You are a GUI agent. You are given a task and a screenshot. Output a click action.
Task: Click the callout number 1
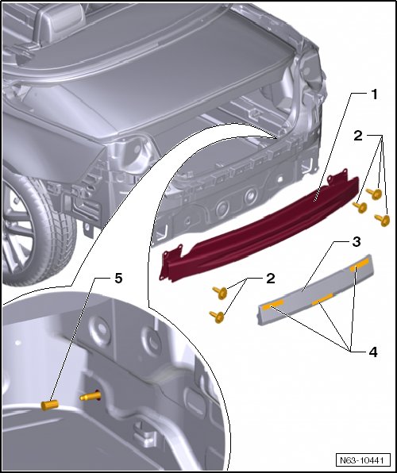pyautogui.click(x=374, y=94)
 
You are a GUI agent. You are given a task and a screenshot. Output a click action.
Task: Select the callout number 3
pyautogui.click(x=357, y=241)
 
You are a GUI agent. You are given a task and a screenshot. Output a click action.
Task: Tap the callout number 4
pyautogui.click(x=373, y=352)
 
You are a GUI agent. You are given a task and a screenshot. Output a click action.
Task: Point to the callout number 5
pyautogui.click(x=118, y=279)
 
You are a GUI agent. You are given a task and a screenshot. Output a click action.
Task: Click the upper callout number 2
pyautogui.click(x=358, y=136)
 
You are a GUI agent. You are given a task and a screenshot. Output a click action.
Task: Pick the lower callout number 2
pyautogui.click(x=271, y=279)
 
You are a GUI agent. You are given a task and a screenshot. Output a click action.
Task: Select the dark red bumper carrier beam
pyautogui.click(x=260, y=229)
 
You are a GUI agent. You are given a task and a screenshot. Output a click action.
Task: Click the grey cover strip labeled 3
pyautogui.click(x=315, y=290)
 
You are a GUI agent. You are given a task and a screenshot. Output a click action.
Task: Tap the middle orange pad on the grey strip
pyautogui.click(x=322, y=298)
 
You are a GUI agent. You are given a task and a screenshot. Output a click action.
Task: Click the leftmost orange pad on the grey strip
pyautogui.click(x=272, y=305)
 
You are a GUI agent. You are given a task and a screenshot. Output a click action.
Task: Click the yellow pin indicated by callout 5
pyautogui.click(x=49, y=405)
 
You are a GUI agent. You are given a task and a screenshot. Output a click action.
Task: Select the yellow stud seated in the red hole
pyautogui.click(x=90, y=396)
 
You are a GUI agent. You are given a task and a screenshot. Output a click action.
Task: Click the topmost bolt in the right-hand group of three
pyautogui.click(x=374, y=194)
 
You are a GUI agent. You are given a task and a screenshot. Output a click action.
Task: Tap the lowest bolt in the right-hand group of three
pyautogui.click(x=382, y=220)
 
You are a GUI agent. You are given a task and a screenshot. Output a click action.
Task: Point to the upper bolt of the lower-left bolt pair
pyautogui.click(x=220, y=293)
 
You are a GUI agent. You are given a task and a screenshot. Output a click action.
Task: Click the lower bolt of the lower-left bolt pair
pyautogui.click(x=217, y=317)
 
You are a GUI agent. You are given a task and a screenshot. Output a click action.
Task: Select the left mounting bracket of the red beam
pyautogui.click(x=171, y=262)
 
